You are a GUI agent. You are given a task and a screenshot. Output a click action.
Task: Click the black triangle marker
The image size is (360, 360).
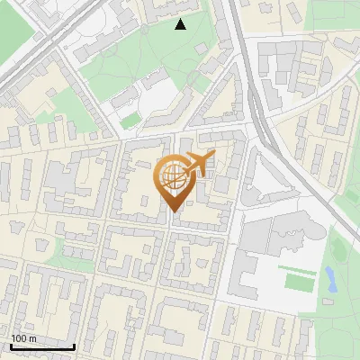[181, 24]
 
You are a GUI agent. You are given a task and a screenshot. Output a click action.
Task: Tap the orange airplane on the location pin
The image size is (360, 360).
[199, 162]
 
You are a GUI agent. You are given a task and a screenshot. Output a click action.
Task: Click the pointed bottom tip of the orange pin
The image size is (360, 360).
[172, 211]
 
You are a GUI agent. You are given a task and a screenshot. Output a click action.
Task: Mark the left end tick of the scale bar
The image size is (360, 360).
[11, 346]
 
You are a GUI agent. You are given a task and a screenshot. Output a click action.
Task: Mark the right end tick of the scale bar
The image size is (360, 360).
[74, 346]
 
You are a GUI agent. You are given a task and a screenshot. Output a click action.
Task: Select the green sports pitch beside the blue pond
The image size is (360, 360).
[298, 280]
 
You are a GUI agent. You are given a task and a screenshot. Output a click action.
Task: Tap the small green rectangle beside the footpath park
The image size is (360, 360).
[131, 119]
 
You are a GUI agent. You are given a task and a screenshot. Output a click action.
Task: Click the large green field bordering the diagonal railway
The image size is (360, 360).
[18, 31]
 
